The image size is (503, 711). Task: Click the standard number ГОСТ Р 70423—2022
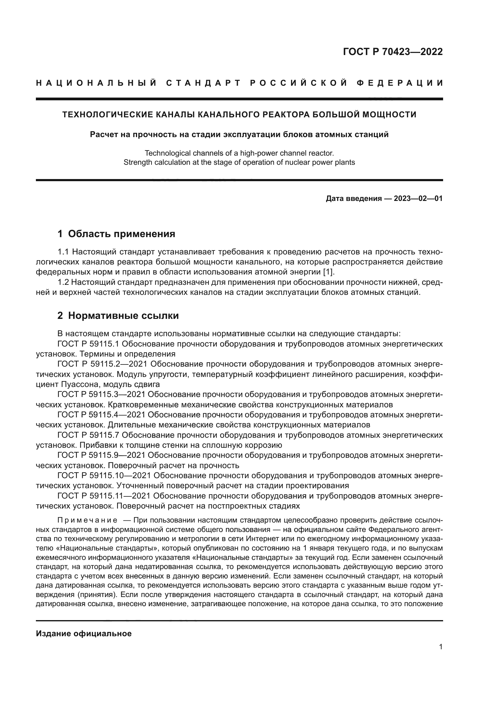coord(393,52)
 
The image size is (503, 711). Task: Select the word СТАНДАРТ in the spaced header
coord(203,83)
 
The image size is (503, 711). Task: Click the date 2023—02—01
coord(418,198)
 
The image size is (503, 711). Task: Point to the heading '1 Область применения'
coord(116,234)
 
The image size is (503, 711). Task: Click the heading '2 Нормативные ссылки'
coord(118,316)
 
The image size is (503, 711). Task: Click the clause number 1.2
coord(64,282)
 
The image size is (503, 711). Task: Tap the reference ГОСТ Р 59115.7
coord(88,435)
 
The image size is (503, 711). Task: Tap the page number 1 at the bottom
coord(441,647)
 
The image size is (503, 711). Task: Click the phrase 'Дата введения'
coord(353,198)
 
